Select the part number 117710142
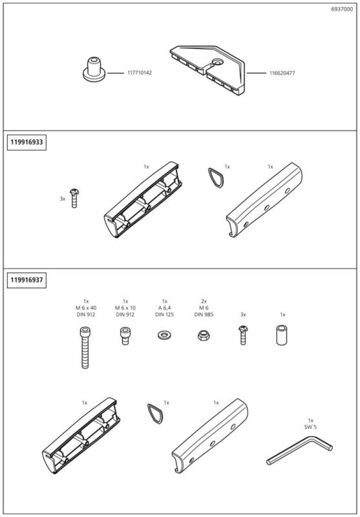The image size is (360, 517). pyautogui.click(x=139, y=73)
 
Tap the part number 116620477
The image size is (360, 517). pyautogui.click(x=282, y=73)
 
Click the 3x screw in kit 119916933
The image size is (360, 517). pyautogui.click(x=75, y=199)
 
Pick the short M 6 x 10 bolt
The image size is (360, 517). pyautogui.click(x=125, y=336)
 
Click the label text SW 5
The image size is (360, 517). pyautogui.click(x=310, y=427)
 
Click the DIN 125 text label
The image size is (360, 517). pyautogui.click(x=164, y=315)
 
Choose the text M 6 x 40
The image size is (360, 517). pyautogui.click(x=85, y=308)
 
